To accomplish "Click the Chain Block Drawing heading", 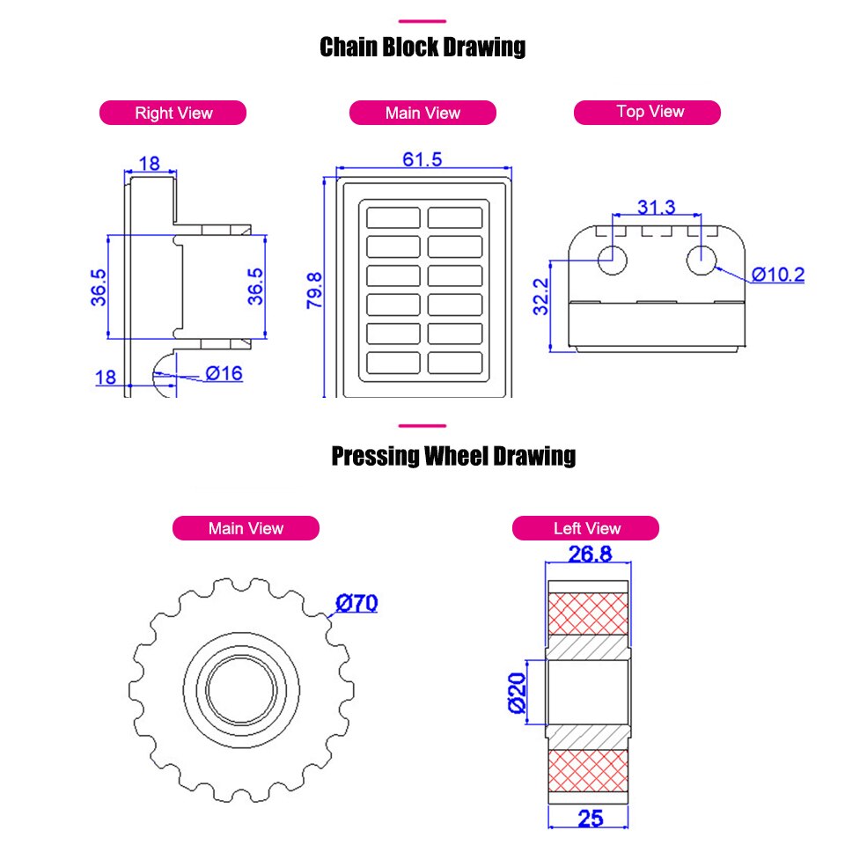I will point(422,47).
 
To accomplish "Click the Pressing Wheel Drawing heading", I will point(453,456).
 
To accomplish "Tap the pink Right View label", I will point(173,113).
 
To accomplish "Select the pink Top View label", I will point(650,112).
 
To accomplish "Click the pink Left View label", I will point(586,528).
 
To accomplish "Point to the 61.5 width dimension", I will point(422,159).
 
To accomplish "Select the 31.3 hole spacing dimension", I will point(656,208).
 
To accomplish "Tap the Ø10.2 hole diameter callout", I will point(777,275).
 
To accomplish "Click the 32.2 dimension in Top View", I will point(541,297).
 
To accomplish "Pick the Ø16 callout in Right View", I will point(224,373).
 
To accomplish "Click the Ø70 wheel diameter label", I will point(356,604).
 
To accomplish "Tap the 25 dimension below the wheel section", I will point(591,818).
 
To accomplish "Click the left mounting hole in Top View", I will point(613,259).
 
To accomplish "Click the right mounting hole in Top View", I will point(702,259).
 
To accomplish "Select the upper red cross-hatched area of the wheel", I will point(589,613).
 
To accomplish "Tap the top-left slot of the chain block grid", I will point(393,217).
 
